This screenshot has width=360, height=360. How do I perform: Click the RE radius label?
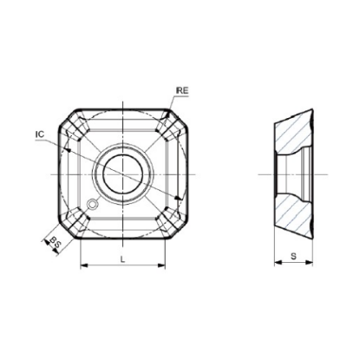182,90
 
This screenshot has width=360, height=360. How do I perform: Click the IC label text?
40,134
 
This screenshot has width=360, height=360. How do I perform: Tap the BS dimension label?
56,242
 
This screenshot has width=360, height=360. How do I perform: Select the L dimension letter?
122,259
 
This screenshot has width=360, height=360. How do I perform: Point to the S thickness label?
293,256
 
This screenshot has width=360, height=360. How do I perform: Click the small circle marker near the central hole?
93,204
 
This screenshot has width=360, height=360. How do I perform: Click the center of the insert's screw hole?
123,175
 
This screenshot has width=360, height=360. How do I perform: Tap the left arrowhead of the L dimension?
83,265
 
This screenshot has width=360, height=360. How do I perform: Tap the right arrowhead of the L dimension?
161,265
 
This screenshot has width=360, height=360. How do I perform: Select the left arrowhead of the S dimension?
278,262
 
